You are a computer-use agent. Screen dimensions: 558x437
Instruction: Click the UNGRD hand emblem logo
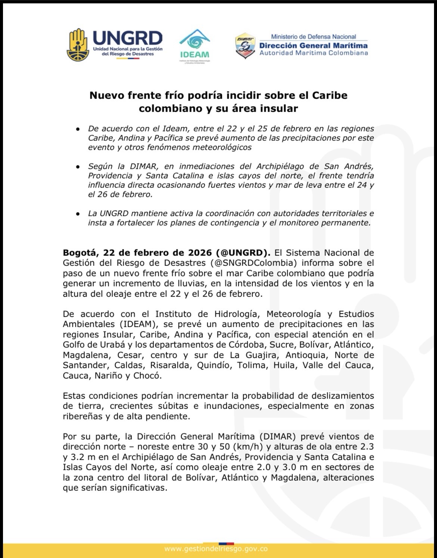[77, 45]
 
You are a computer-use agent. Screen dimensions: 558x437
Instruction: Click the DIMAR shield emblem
[245, 46]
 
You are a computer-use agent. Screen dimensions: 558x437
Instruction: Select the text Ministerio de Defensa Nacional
[313, 37]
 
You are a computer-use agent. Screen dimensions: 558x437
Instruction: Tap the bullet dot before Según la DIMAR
[78, 167]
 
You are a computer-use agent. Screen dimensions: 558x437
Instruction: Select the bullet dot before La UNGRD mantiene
[78, 214]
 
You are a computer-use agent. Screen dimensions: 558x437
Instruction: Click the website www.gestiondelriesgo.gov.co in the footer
[216, 549]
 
